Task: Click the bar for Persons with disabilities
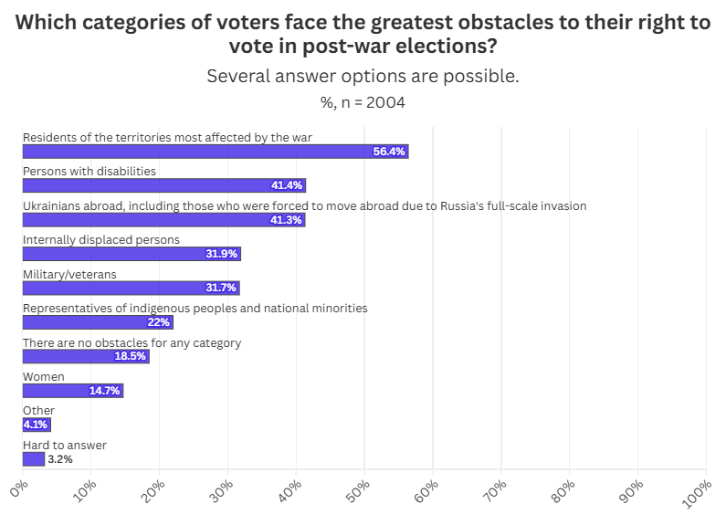(x=164, y=185)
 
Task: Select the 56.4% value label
(x=389, y=152)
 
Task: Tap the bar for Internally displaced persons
(x=132, y=254)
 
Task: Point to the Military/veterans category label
(x=69, y=274)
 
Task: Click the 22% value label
(x=159, y=322)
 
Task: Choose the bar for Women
(x=73, y=391)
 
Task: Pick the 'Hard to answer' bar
(x=34, y=459)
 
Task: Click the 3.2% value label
(x=59, y=459)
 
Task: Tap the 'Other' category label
(x=38, y=411)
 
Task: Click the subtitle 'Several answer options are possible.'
(x=363, y=76)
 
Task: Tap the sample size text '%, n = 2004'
(x=363, y=102)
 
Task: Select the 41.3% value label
(x=288, y=220)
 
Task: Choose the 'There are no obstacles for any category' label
(x=132, y=342)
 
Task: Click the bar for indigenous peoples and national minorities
(x=97, y=322)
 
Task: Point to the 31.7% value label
(x=222, y=289)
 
